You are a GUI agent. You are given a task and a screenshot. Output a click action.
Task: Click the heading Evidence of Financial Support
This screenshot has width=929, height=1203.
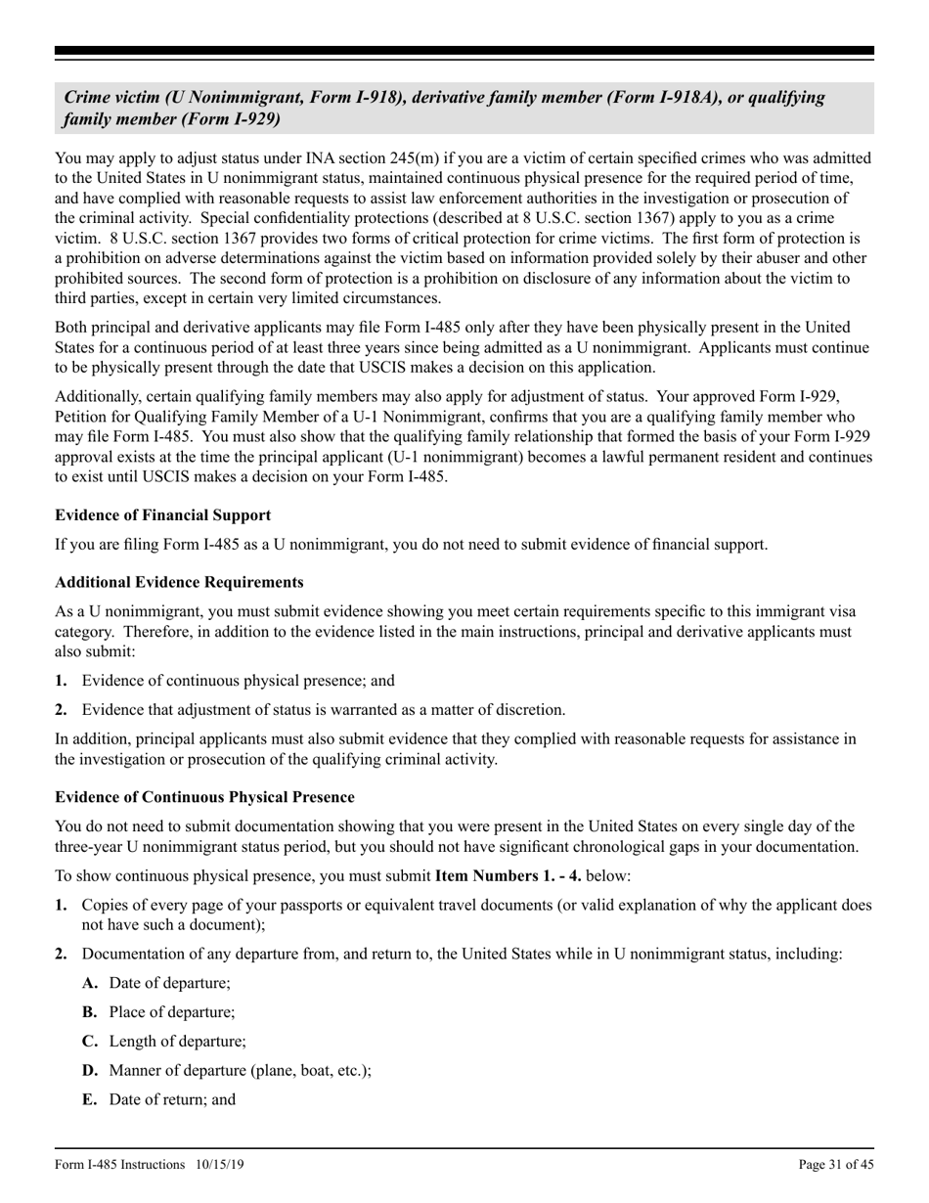point(162,515)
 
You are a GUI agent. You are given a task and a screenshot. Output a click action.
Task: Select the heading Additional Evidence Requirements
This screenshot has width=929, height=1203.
point(179,582)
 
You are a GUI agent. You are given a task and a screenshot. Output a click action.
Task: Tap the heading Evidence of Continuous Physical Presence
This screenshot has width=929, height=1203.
point(204,797)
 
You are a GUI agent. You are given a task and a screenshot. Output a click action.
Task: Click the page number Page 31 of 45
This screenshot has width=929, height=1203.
point(836,1164)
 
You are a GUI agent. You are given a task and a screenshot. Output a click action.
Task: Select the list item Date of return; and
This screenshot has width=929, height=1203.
point(172,1099)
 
